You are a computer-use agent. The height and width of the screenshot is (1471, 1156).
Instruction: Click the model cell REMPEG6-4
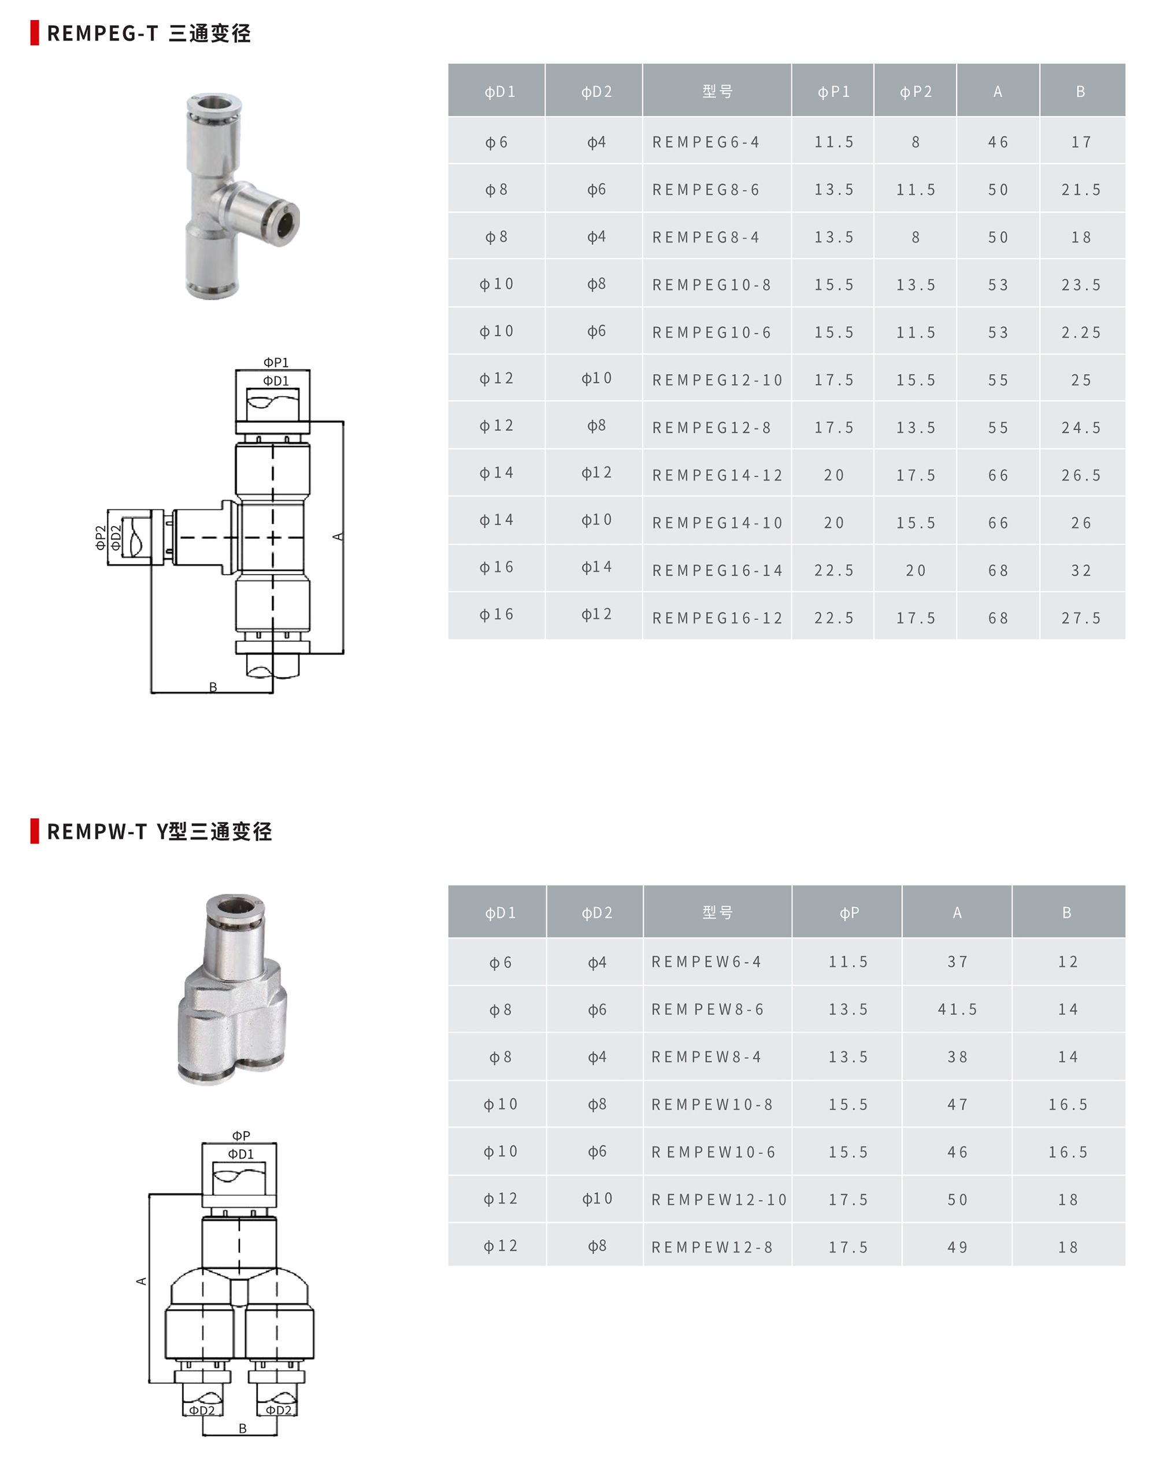pos(705,142)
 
